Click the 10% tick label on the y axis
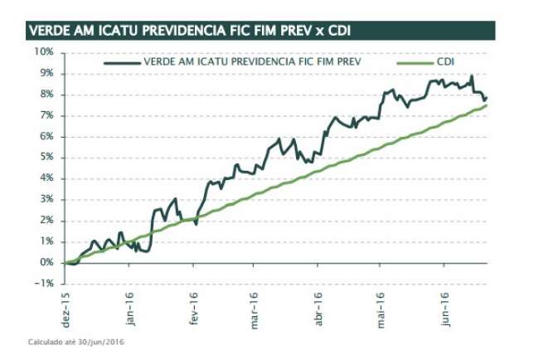[42, 51]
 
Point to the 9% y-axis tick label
[45, 73]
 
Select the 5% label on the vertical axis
[45, 157]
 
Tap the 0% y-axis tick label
[45, 262]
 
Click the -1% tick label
[43, 283]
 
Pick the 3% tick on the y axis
[45, 199]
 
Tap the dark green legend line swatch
[122, 62]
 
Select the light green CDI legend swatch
[415, 62]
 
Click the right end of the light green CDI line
[486, 105]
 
